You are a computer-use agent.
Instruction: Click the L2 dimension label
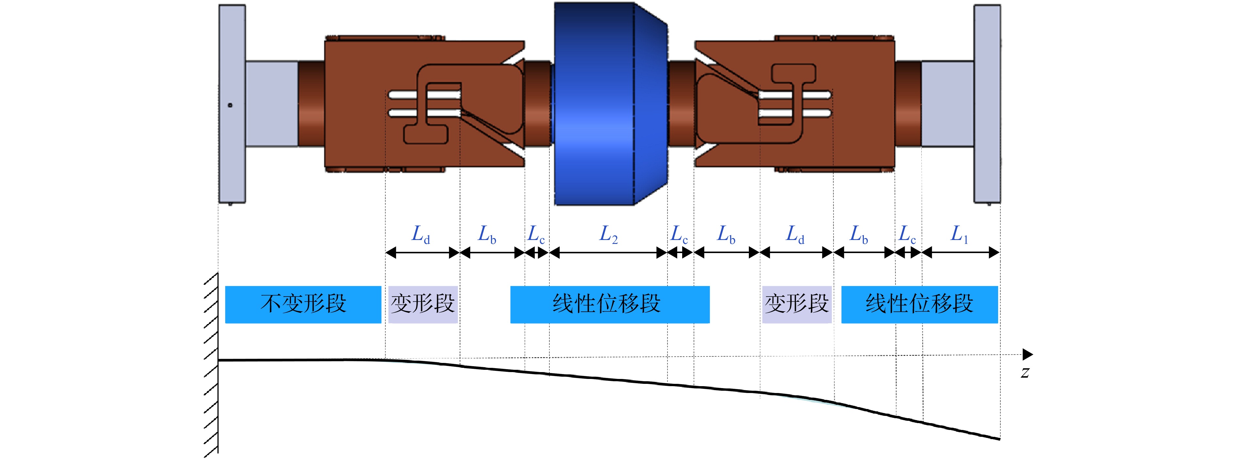(608, 235)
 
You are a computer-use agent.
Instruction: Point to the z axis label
(1025, 373)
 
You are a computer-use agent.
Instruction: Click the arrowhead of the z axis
(1028, 354)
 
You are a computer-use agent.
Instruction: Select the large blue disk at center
(610, 104)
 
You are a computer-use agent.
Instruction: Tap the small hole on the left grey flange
(230, 105)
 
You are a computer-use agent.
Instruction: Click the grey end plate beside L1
(987, 104)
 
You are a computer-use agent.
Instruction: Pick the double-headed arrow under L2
(608, 253)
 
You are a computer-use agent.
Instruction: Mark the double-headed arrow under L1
(960, 253)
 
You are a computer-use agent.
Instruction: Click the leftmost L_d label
(421, 235)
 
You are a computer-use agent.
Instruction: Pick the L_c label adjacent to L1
(907, 235)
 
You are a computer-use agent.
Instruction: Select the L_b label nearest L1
(859, 235)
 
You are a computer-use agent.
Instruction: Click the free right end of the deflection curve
(1000, 438)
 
